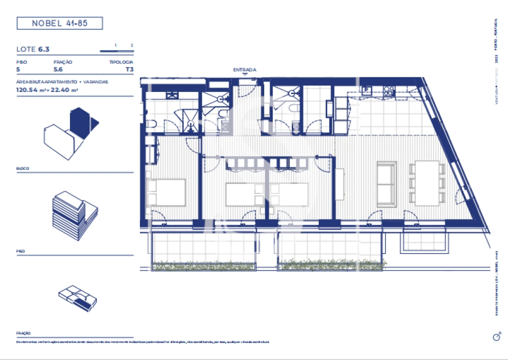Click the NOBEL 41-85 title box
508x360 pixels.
tap(59, 23)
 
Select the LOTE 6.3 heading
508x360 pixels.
tap(33, 49)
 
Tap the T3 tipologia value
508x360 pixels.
tap(129, 70)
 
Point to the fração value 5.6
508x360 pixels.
tap(58, 70)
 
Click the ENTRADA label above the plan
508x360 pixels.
tap(245, 70)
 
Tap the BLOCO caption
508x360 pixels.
tap(22, 168)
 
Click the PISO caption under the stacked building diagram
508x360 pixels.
tap(20, 251)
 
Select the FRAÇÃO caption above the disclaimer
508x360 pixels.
tap(23, 332)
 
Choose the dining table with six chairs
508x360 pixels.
tap(427, 183)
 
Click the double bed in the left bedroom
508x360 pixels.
tap(166, 192)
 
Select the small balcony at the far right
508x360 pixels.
tap(423, 241)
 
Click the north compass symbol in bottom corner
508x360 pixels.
tap(496, 337)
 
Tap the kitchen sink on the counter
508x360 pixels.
tap(367, 90)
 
